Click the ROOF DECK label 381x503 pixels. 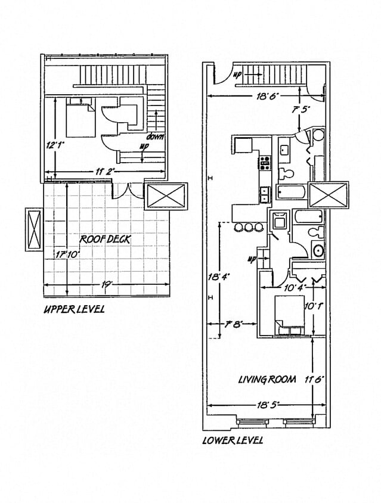click(106, 240)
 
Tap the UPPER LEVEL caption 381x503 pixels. click(74, 309)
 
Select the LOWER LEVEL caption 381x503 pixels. click(233, 440)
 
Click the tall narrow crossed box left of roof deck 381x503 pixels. click(33, 230)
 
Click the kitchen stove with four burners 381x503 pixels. click(264, 161)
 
